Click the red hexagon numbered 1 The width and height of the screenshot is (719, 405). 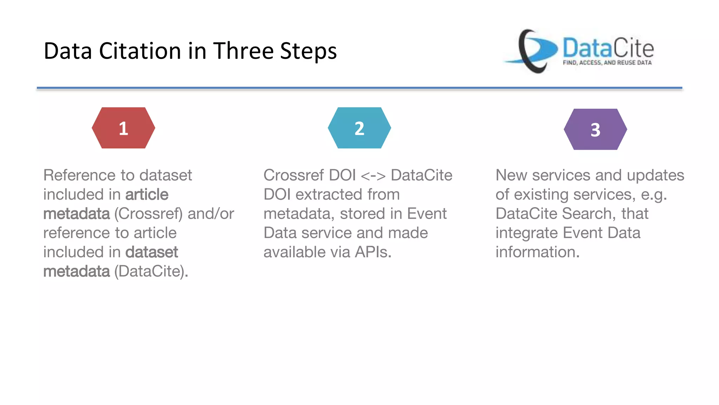pyautogui.click(x=123, y=128)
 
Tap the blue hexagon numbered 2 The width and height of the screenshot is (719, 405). pyautogui.click(x=359, y=128)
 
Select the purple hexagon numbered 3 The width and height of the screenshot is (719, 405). pyautogui.click(x=595, y=129)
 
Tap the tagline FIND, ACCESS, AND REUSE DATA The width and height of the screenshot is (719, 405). pyautogui.click(x=607, y=63)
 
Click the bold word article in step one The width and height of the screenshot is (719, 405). pyautogui.click(x=147, y=195)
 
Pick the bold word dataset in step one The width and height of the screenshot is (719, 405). pyautogui.click(x=152, y=252)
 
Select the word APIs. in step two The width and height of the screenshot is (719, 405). pyautogui.click(x=373, y=252)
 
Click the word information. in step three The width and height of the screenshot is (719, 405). pyautogui.click(x=537, y=252)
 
